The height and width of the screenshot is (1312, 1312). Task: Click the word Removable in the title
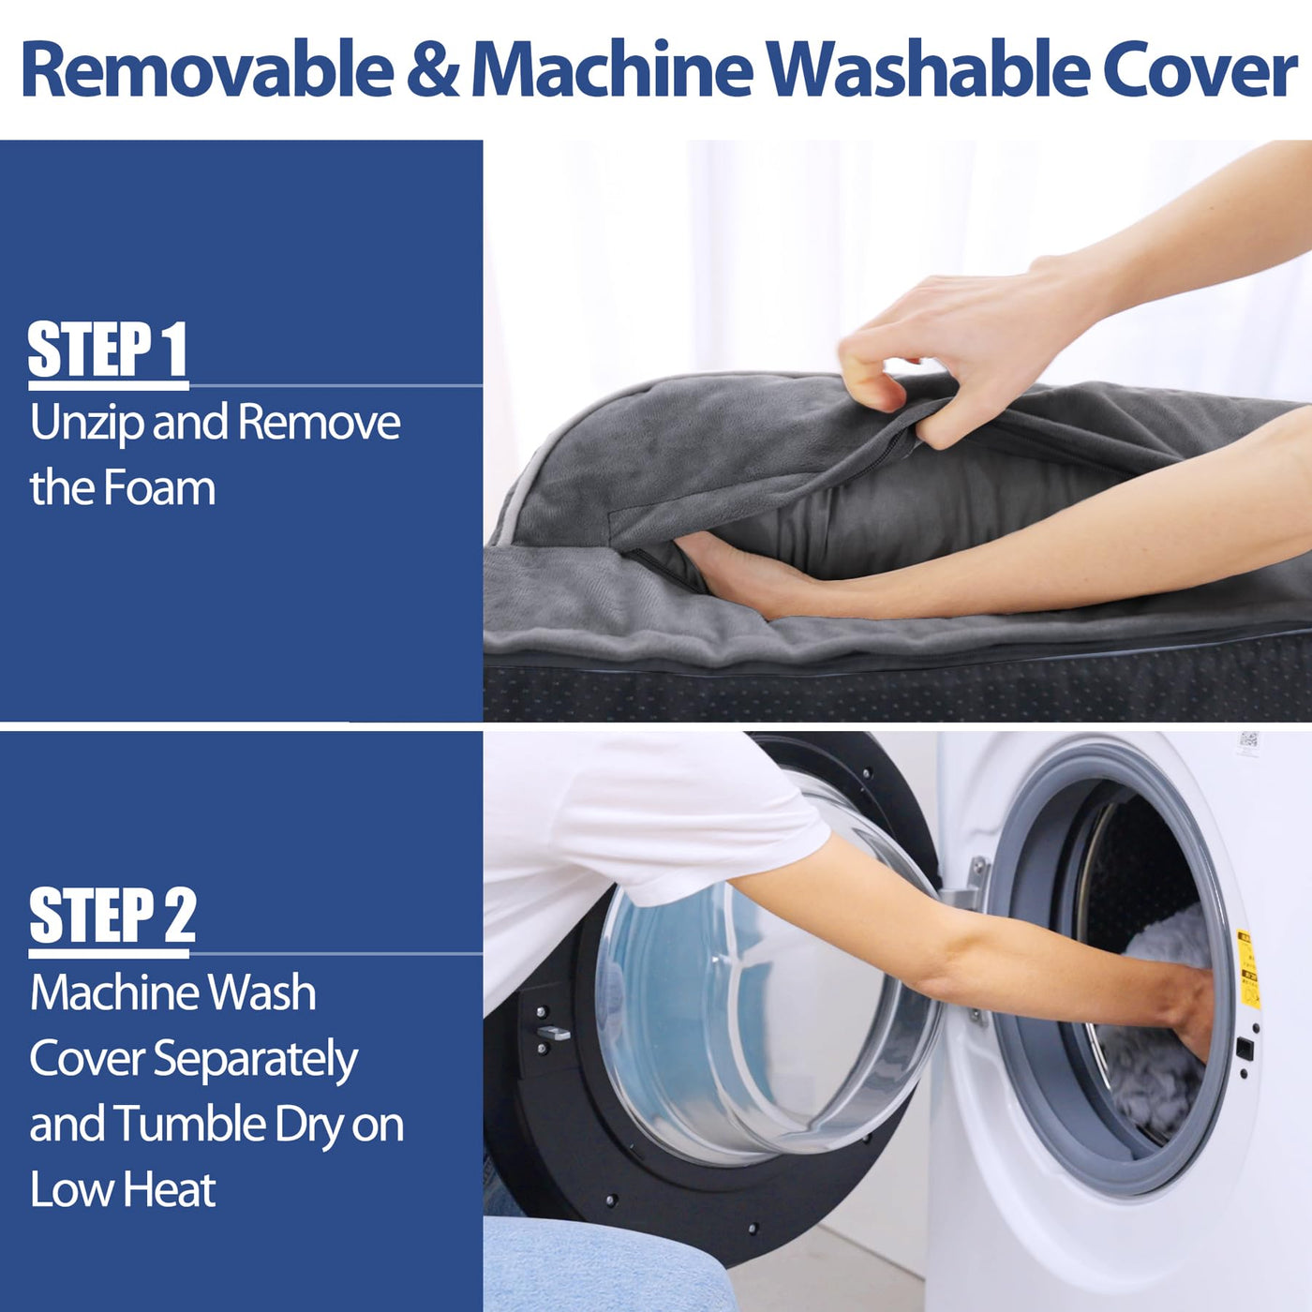208,70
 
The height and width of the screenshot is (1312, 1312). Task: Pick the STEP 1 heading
108,350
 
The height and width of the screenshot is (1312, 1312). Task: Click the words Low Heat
123,1189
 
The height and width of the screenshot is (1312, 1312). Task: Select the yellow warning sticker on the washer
1247,968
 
